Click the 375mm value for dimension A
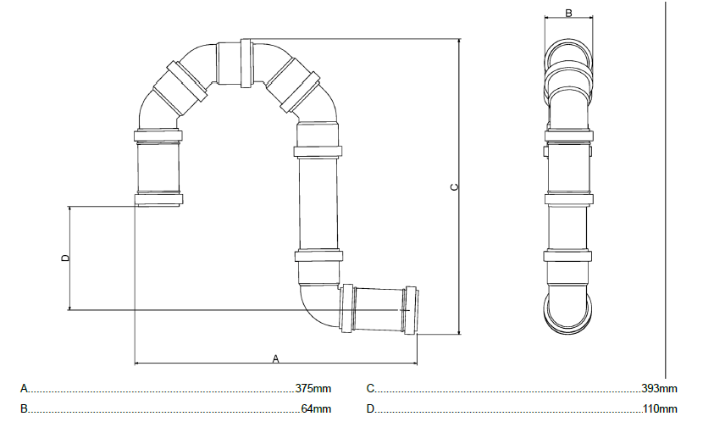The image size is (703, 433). (313, 388)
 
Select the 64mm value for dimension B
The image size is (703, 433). (316, 408)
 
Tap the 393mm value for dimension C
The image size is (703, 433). (659, 388)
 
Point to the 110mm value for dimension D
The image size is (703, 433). (660, 408)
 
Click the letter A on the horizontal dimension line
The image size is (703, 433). (276, 358)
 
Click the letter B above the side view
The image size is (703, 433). (568, 13)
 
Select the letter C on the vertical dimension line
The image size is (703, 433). (455, 186)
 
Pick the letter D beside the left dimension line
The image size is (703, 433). (65, 258)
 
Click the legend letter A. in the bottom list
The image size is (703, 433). (25, 388)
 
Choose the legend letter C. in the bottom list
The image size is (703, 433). (371, 388)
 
